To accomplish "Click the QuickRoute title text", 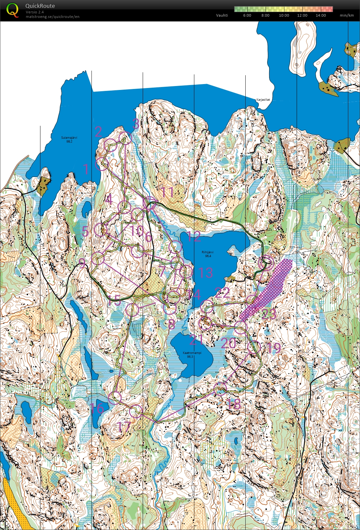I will (x=40, y=6).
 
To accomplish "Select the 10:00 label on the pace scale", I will (x=284, y=15).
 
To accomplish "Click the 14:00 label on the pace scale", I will (x=321, y=15).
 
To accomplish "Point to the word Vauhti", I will (x=222, y=15).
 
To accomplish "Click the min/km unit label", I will (x=347, y=15).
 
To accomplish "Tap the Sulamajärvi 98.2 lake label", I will (x=69, y=140).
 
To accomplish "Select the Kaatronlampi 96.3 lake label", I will (x=192, y=355).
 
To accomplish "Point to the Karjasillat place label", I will (x=263, y=100).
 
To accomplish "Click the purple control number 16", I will (x=97, y=408).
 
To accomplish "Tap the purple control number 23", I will (x=269, y=314).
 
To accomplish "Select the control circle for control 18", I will (x=221, y=389).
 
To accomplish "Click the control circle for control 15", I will (x=133, y=309).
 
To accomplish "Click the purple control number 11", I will (x=167, y=192).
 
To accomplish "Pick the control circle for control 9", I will (x=97, y=258).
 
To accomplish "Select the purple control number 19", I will (x=274, y=348).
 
